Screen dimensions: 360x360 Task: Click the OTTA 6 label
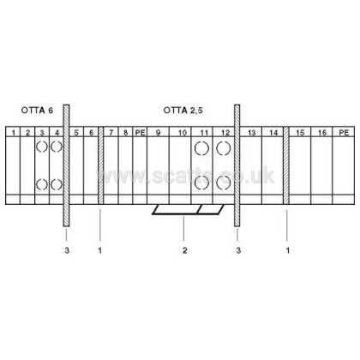[x=37, y=111]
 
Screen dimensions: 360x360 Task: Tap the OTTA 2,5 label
[x=183, y=111]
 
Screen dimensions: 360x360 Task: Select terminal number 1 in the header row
[x=13, y=133]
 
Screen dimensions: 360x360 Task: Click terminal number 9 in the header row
[x=158, y=133]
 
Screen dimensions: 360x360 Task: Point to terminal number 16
[x=322, y=133]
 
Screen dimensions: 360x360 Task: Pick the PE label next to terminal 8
[x=140, y=133]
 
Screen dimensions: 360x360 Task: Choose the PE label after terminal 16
[x=344, y=133]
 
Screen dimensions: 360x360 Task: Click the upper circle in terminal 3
[x=42, y=147]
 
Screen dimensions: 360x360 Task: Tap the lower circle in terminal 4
[x=57, y=184]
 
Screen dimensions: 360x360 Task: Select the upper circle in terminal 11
[x=201, y=148]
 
